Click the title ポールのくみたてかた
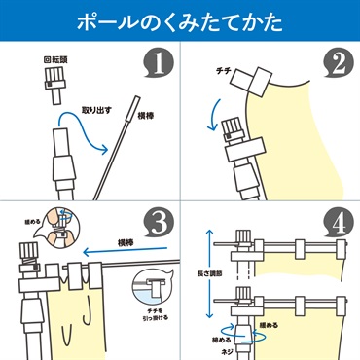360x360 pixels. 180,21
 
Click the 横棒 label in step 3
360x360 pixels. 126,242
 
